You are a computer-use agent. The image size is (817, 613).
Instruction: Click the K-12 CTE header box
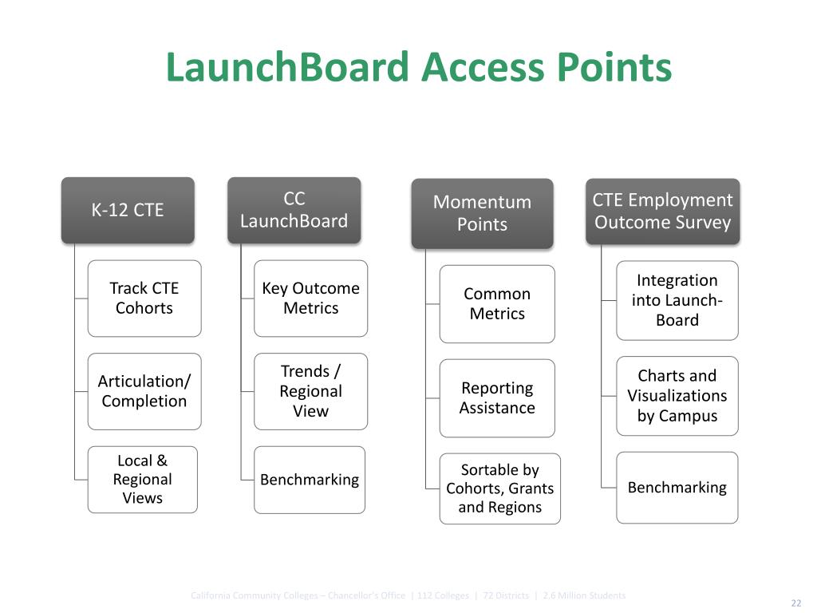coord(128,210)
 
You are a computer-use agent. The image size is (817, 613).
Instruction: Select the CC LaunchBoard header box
coord(294,210)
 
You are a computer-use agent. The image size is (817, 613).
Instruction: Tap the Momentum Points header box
coord(482,213)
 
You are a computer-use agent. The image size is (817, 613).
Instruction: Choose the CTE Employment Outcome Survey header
coord(662,211)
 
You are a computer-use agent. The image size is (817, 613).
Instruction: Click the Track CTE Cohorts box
coord(144,298)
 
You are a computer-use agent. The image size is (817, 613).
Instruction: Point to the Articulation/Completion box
coord(144,391)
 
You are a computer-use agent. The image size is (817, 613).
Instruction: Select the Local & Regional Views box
coord(143,479)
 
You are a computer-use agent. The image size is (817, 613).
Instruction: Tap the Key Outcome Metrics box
coord(311,298)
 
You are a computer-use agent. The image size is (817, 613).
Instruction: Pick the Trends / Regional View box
coord(311,391)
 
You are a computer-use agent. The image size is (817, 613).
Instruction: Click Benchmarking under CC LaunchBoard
coord(310,480)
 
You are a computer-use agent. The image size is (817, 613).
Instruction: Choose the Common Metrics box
coord(497,303)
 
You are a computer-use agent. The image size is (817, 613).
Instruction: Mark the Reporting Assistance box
coord(497,397)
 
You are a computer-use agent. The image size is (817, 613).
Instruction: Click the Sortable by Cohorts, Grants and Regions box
coord(500,488)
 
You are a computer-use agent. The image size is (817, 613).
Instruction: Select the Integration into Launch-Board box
coord(677,300)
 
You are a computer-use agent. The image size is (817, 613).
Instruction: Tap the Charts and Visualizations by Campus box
coord(677,395)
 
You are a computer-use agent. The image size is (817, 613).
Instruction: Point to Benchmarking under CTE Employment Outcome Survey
coord(677,487)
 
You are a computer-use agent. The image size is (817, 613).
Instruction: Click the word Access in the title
coord(482,67)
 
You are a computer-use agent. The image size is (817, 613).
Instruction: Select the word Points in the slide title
coord(614,67)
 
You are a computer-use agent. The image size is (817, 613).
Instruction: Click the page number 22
coord(795,603)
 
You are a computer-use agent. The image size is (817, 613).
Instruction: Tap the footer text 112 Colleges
coord(443,595)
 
